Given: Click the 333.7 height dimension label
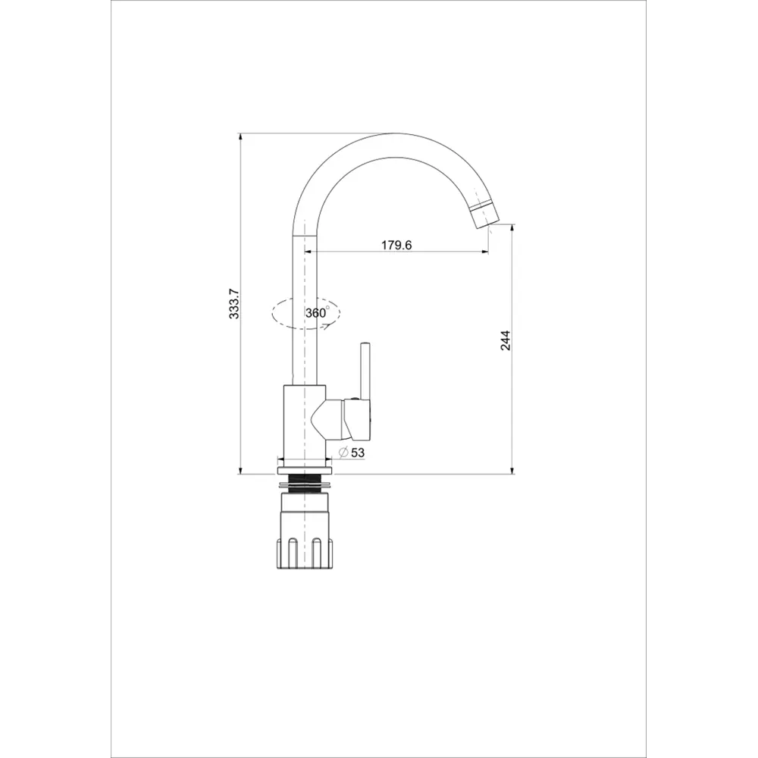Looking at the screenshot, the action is (234, 304).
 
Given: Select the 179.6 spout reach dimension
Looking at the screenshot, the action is (396, 245).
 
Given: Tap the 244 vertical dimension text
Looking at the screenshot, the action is (505, 340).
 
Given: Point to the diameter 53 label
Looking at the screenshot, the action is (352, 453).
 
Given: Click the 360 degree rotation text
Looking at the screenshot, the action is (317, 312).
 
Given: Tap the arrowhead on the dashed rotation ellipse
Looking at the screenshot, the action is (327, 327).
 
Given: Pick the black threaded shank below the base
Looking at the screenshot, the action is (305, 484).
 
